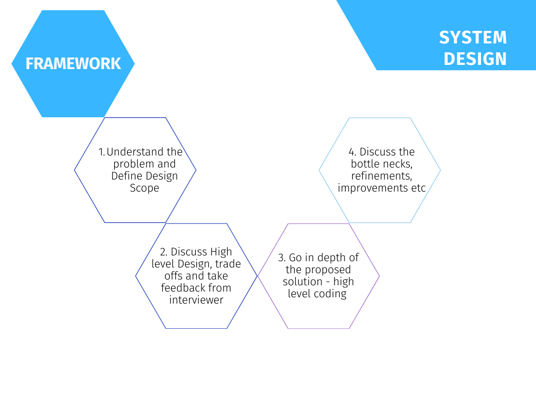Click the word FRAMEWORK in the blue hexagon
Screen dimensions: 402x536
click(x=73, y=63)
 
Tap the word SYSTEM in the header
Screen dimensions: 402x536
click(x=473, y=38)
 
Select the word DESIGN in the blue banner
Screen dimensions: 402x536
click(x=475, y=59)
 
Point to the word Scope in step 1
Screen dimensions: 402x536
click(x=144, y=188)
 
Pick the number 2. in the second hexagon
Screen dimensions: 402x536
click(x=163, y=252)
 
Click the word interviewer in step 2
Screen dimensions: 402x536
click(x=196, y=300)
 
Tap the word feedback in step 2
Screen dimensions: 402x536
click(x=183, y=288)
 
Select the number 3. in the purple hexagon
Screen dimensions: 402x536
click(x=282, y=258)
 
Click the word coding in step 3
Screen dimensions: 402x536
click(x=330, y=294)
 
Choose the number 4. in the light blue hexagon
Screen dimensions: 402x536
click(x=353, y=152)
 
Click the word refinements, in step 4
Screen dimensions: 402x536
click(x=379, y=176)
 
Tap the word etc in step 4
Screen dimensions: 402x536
click(x=419, y=188)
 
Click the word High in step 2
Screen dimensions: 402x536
click(x=221, y=252)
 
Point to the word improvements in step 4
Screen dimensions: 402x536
click(x=373, y=188)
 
